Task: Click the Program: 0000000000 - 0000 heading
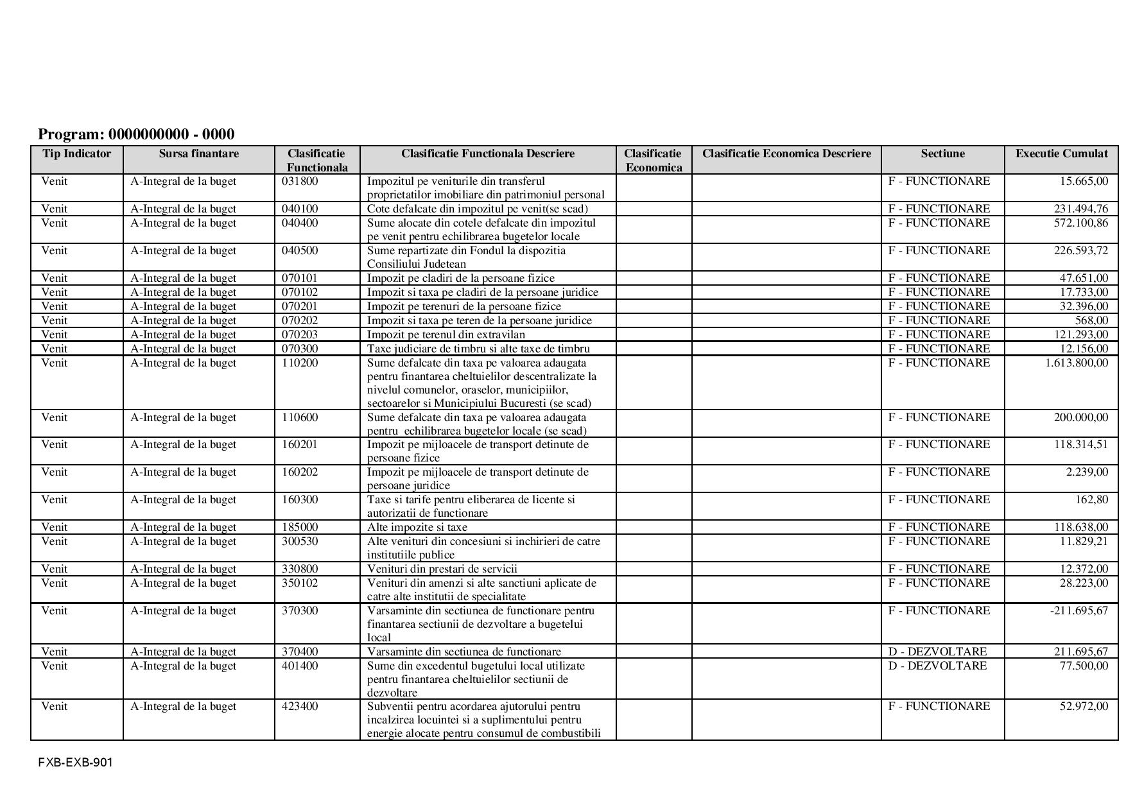point(136,134)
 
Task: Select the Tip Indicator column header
point(76,153)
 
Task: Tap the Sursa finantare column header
point(198,153)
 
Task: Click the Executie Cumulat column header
point(1061,153)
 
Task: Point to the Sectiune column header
point(942,153)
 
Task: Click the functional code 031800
point(300,181)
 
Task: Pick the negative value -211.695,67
point(1078,610)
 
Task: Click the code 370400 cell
point(300,652)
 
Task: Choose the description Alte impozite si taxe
point(417,527)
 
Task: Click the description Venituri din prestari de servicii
point(442,569)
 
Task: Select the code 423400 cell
point(300,706)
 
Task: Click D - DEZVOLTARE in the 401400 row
point(937,666)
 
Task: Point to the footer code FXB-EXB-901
point(75,763)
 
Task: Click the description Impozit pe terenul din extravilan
point(446,334)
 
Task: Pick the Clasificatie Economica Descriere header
point(786,153)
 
